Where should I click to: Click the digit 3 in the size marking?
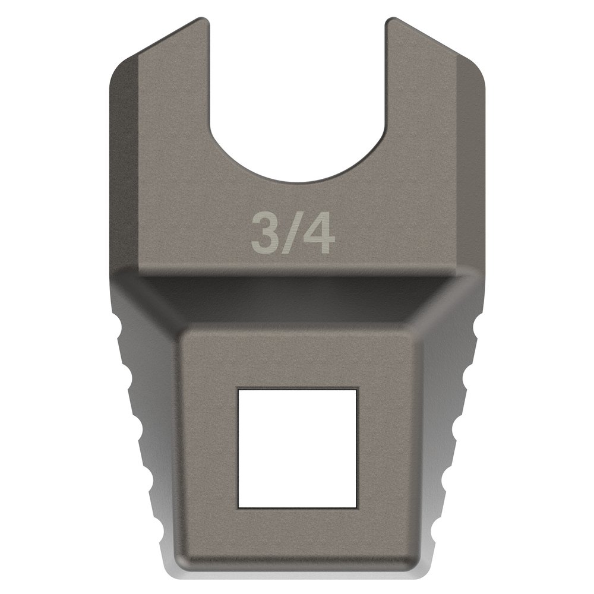point(264,234)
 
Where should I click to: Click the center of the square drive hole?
point(297,449)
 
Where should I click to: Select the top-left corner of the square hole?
point(238,390)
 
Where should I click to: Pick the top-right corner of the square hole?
point(356,390)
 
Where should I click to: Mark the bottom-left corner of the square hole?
point(238,508)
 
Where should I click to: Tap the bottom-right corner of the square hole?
point(356,508)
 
